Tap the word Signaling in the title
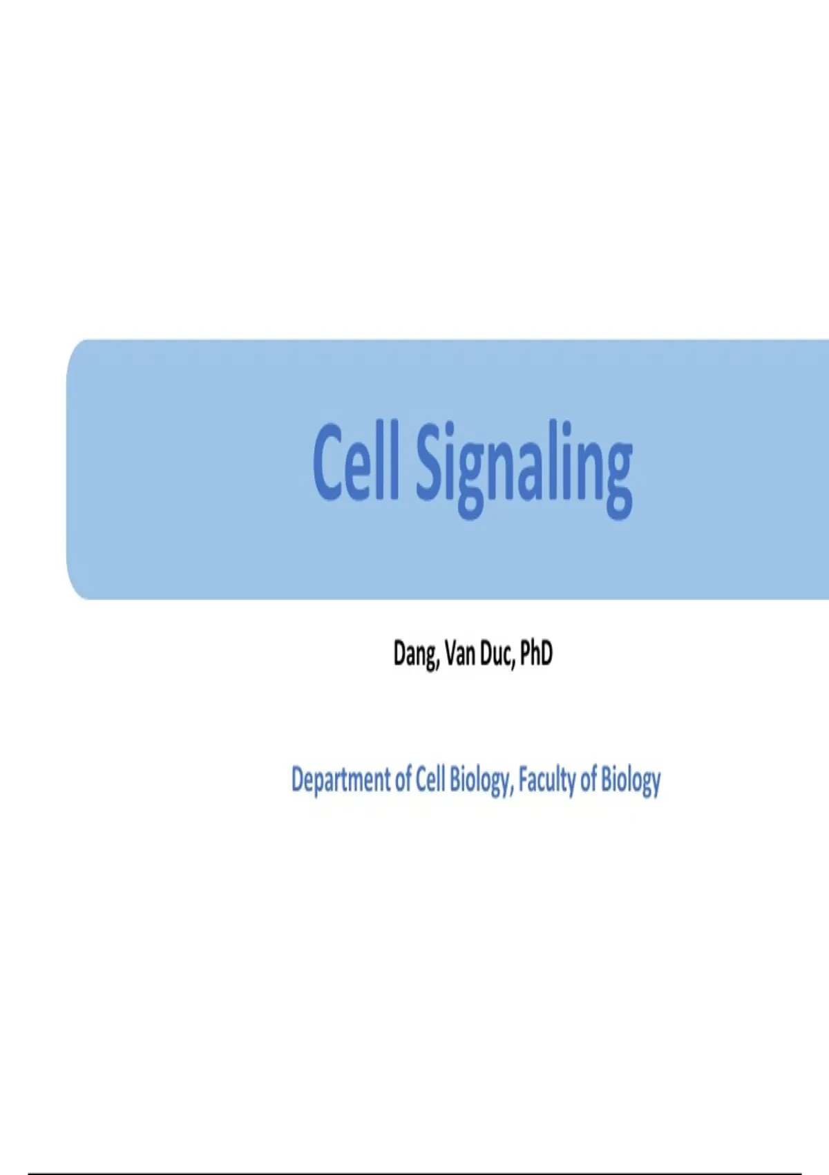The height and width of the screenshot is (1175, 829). coord(524,471)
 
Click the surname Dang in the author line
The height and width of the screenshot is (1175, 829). coord(415,655)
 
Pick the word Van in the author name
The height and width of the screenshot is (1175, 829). coord(459,654)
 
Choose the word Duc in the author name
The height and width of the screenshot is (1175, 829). coord(495,654)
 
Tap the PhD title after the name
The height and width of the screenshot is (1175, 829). coord(536,654)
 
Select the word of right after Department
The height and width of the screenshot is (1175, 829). coord(404,780)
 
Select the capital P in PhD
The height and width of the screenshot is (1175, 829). coord(526,654)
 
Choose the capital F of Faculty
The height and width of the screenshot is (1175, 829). coord(524,780)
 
